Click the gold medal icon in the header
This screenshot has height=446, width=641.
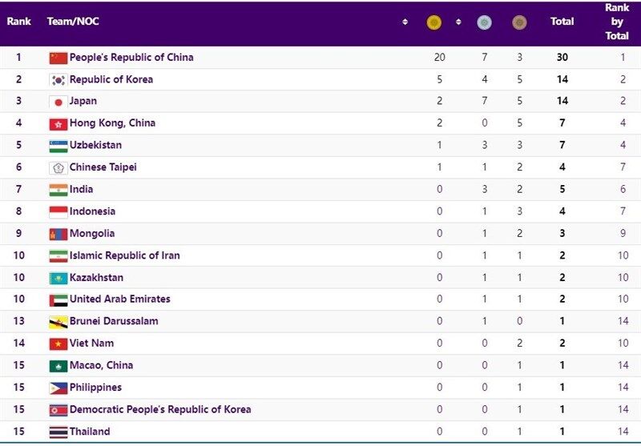(434, 22)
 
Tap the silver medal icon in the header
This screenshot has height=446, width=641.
(484, 22)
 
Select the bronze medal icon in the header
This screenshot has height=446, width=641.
(519, 22)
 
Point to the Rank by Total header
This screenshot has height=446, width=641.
(616, 22)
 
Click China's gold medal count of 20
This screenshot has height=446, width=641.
(438, 58)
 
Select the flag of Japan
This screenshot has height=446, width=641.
(58, 102)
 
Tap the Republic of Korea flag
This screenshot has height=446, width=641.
(58, 80)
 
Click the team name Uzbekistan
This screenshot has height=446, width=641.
(95, 146)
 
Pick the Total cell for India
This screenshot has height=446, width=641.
(562, 190)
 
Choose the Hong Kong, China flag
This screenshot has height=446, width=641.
(58, 124)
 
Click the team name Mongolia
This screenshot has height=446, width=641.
(92, 234)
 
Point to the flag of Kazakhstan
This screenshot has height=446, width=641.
(58, 278)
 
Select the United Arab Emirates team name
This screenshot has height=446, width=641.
(119, 299)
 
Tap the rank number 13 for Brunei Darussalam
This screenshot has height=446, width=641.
(18, 321)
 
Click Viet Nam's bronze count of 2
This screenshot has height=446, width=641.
(519, 344)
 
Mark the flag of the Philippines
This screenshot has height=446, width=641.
(58, 388)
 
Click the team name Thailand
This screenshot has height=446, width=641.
(90, 432)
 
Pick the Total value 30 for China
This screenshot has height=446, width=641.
(562, 58)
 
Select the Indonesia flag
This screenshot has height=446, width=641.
(58, 212)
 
